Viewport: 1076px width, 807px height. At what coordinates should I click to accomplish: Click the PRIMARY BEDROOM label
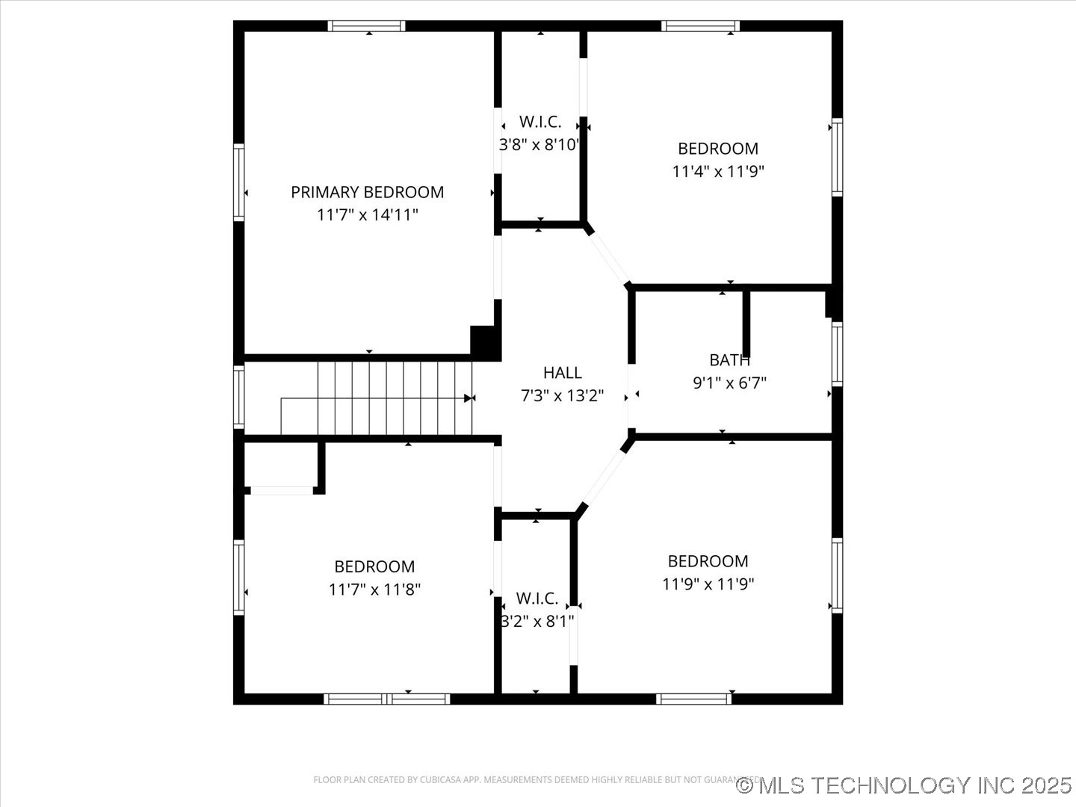click(x=367, y=192)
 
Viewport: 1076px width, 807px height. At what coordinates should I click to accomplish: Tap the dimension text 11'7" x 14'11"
click(x=367, y=215)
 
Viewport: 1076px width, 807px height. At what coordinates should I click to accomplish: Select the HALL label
click(x=562, y=373)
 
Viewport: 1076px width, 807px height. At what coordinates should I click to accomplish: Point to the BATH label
click(x=729, y=360)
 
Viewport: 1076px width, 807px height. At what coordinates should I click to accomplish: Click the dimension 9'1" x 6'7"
click(x=729, y=383)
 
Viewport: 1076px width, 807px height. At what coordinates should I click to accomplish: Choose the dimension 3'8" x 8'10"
click(x=539, y=145)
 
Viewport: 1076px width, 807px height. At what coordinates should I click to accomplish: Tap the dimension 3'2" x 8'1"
click(x=537, y=621)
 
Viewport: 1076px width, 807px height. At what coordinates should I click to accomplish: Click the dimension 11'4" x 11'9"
click(x=717, y=171)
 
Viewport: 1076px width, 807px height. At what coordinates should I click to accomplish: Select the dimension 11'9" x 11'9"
click(x=708, y=584)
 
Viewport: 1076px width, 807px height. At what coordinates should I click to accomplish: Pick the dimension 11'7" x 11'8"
click(x=374, y=590)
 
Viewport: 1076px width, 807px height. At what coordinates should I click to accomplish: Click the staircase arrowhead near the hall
click(x=469, y=398)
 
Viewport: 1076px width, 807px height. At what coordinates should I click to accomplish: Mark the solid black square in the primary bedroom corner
click(x=484, y=342)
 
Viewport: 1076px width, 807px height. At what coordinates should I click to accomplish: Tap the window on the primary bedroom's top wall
click(x=367, y=26)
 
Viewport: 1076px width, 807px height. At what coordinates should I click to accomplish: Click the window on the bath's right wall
click(x=837, y=353)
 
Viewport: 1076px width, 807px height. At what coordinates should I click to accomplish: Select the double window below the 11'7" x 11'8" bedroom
click(x=387, y=699)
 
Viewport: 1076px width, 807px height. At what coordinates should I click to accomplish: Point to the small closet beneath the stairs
click(x=281, y=466)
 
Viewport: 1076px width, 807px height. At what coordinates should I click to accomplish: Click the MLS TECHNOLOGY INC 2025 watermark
click(x=904, y=785)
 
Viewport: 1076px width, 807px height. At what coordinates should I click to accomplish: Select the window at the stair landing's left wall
click(x=239, y=396)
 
